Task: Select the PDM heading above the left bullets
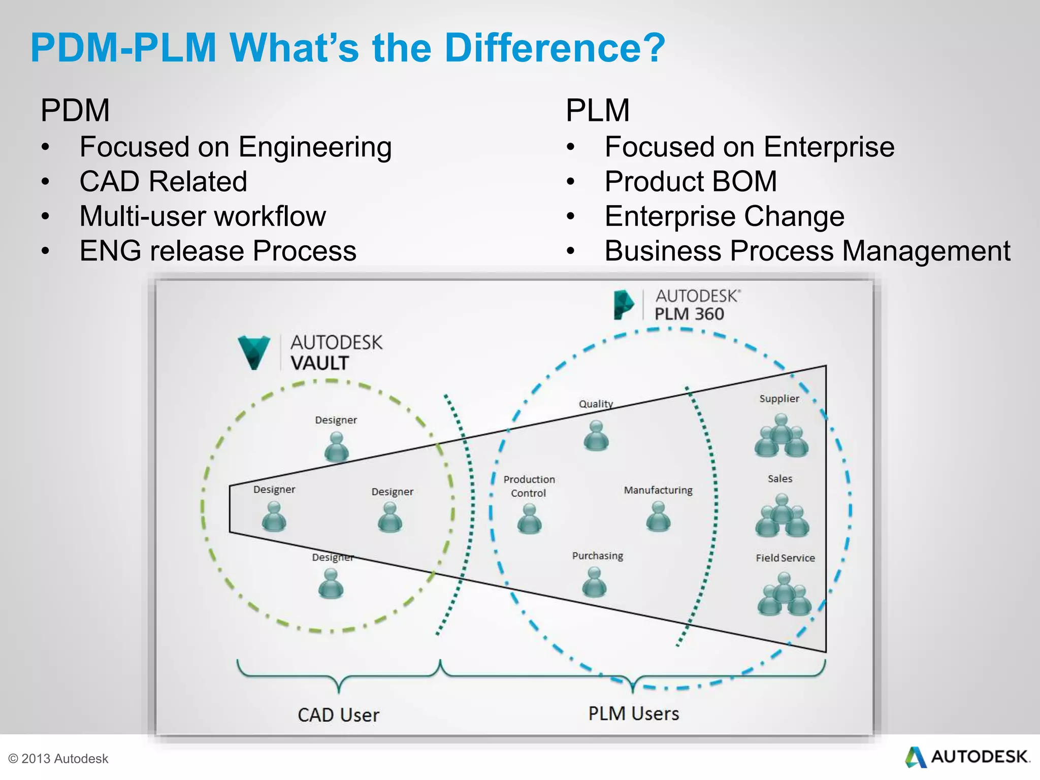coord(75,110)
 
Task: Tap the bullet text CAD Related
coord(163,181)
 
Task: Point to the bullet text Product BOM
coord(691,181)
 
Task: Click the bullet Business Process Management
coord(807,251)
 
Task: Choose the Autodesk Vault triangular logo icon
coord(253,352)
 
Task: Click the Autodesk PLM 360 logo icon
coord(623,305)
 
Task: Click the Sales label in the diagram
coord(780,478)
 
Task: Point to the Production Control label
coord(529,486)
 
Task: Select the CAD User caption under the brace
coord(338,715)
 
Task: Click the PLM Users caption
coord(633,713)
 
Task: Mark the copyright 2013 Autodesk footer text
coord(58,759)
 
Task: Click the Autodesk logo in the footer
coord(967,757)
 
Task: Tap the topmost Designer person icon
coord(336,446)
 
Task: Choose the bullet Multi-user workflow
coord(203,216)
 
